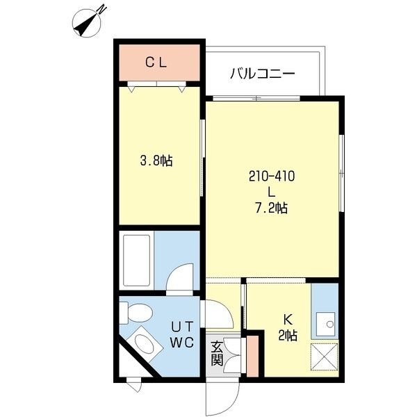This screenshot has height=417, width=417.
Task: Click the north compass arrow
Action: coord(89,20)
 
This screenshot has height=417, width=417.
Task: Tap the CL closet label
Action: coord(156,62)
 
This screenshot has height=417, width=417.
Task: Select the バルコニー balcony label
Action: coord(263,73)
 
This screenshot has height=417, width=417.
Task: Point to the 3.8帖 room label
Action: coord(156,161)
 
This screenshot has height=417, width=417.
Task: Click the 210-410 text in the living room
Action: coord(272,177)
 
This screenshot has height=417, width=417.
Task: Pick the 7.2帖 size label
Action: coord(272,207)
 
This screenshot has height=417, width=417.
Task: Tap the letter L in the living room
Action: coord(271,192)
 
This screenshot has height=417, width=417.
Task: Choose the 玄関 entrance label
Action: coord(217,352)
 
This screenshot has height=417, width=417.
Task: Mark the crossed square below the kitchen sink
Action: coord(324,358)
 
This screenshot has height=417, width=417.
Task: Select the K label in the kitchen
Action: coord(286,320)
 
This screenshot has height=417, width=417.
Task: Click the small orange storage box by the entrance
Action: coord(253,354)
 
